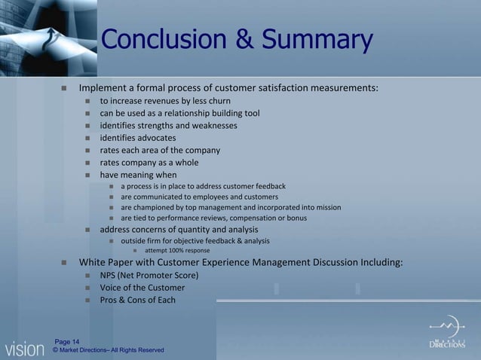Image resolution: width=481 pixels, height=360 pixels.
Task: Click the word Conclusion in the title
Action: coord(165,40)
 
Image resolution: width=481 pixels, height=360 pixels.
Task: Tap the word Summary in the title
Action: coord(317,40)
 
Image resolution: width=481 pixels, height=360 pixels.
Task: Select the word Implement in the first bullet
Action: coord(104,88)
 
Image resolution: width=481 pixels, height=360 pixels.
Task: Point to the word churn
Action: coord(219,101)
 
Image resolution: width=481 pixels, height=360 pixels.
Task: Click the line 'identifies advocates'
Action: coord(138,138)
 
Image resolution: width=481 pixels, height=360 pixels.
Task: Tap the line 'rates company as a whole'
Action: coord(149,162)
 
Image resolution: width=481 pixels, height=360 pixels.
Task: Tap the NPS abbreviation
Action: coord(109,276)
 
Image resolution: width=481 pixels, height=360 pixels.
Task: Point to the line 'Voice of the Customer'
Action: coord(142,288)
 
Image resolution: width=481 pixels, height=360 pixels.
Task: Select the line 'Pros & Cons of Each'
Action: coord(138,300)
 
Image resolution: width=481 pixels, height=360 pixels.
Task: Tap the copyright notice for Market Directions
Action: coord(109,350)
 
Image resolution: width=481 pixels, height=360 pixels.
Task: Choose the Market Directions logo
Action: coord(447,334)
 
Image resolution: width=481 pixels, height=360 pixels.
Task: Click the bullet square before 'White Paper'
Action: coord(64,263)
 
